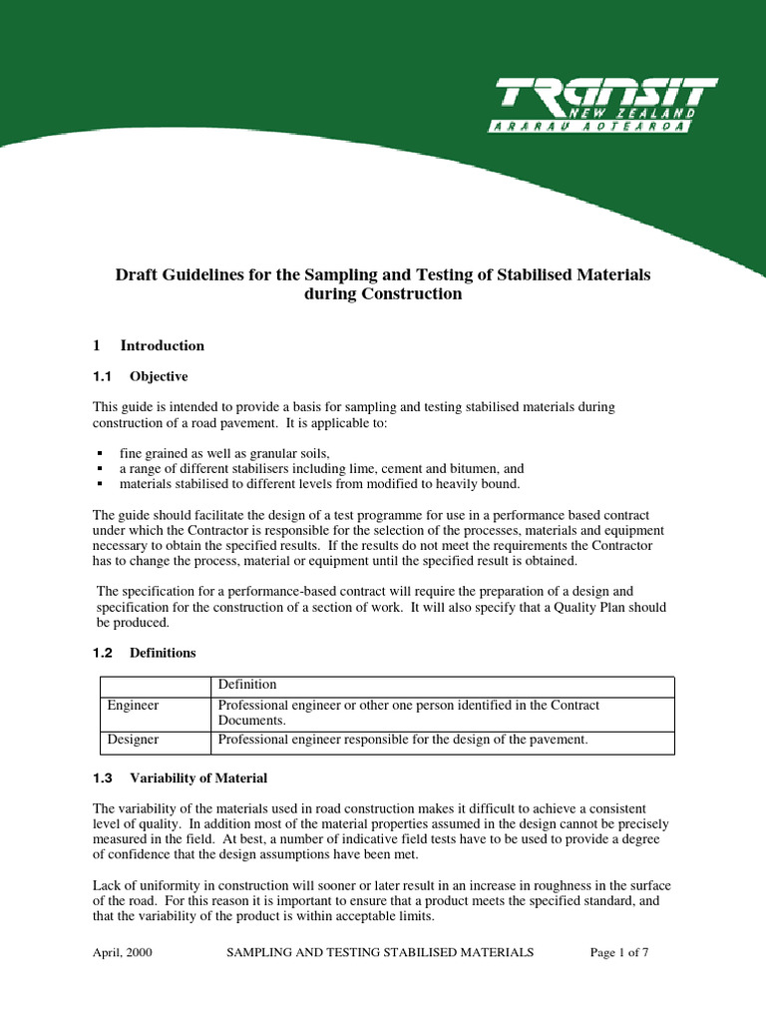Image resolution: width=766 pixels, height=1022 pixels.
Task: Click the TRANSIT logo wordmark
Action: coord(606,98)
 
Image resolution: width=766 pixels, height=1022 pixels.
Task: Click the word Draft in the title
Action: coord(137,274)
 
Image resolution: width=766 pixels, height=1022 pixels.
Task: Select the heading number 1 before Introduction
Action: coord(97,346)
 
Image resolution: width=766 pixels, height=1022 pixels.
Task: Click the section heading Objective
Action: coord(159,376)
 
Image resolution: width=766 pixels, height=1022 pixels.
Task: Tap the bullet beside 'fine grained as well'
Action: coord(101,453)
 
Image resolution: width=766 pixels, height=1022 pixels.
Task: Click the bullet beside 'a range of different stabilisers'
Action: coord(101,468)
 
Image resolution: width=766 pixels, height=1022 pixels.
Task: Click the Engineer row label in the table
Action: coord(133,706)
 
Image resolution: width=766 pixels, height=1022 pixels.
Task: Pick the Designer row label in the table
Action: coord(133,740)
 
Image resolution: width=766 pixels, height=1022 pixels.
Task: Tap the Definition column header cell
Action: coord(247,685)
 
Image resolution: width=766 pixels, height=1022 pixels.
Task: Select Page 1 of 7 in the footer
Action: coord(619,952)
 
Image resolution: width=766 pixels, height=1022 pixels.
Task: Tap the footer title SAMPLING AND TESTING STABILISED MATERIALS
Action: coord(380,952)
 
